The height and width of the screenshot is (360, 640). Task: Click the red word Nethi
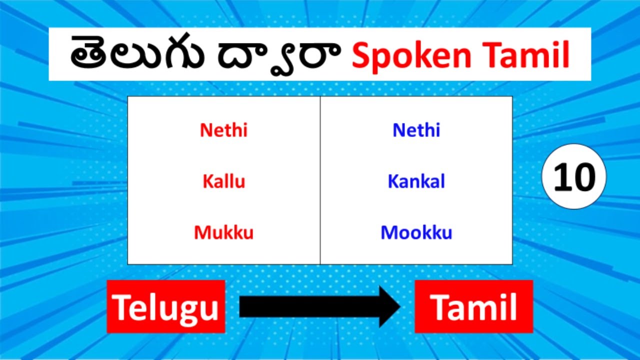[223, 130]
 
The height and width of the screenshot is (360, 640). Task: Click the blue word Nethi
[416, 130]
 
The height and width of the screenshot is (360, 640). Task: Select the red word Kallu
[223, 181]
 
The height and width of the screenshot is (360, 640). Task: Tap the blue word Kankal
[416, 181]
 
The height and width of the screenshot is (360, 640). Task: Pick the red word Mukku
[223, 232]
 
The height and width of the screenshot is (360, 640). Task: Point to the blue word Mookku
[416, 232]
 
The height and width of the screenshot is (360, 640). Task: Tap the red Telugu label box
[165, 306]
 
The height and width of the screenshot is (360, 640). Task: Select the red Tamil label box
[473, 306]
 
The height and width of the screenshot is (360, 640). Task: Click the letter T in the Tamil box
[439, 307]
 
